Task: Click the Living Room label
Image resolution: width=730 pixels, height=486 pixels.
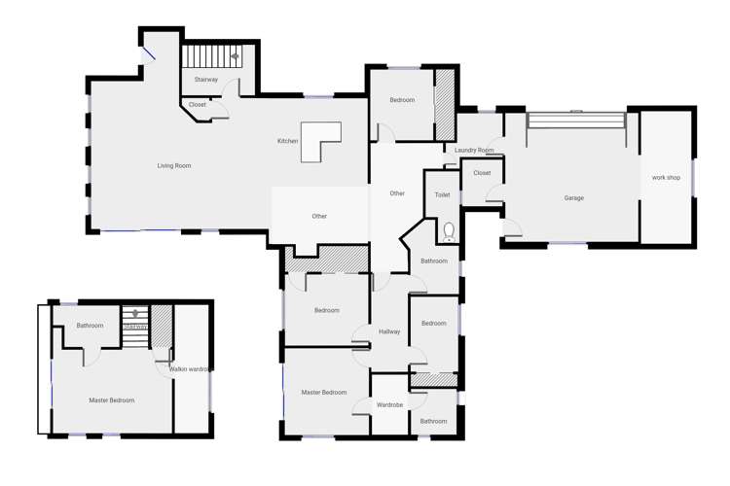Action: [x=174, y=166]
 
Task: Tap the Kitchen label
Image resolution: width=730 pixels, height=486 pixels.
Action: [x=287, y=142]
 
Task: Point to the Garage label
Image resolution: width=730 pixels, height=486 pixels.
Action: [x=574, y=198]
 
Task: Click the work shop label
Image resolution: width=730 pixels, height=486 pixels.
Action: [x=666, y=178]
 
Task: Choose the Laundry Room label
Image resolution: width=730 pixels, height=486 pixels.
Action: [x=474, y=151]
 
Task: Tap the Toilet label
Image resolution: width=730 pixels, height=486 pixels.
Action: [x=443, y=195]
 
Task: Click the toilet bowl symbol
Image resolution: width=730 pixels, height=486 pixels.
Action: [x=449, y=231]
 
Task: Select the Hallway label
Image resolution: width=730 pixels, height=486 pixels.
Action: [x=389, y=332]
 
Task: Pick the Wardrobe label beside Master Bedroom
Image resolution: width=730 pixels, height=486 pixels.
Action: [x=389, y=405]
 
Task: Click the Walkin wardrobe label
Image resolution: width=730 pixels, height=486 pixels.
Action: [x=190, y=369]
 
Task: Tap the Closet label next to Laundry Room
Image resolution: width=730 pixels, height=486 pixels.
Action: [x=482, y=173]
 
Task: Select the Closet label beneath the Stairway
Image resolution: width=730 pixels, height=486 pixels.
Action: [x=198, y=105]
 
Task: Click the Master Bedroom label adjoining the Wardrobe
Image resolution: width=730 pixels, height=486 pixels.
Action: [x=324, y=393]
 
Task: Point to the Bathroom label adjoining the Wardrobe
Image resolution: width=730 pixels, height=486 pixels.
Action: [x=433, y=421]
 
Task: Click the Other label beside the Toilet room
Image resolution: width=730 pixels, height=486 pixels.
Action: [x=397, y=193]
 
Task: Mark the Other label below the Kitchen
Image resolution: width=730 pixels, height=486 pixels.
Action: [x=319, y=217]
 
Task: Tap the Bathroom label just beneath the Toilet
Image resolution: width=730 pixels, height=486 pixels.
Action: [x=434, y=261]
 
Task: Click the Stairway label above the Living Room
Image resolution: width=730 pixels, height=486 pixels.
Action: [x=206, y=80]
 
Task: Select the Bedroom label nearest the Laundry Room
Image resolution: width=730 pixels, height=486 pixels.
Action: [x=402, y=100]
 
